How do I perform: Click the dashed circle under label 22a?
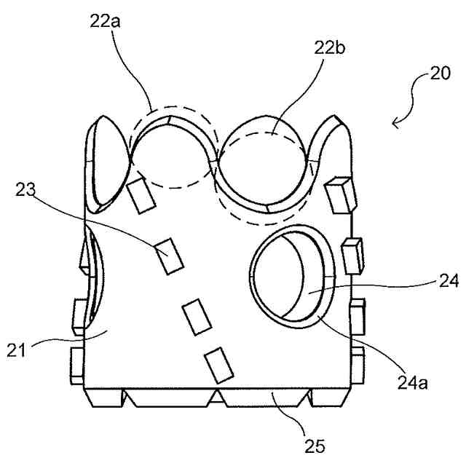click(173, 149)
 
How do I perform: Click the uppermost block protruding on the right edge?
click(341, 193)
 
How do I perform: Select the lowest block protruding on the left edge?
click(76, 363)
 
